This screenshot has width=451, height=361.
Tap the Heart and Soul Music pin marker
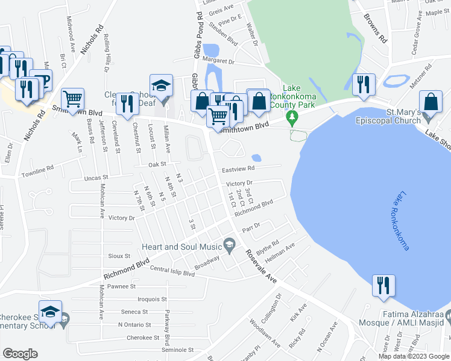[x=229, y=244]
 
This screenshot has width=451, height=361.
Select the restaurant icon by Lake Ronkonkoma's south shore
[x=383, y=286]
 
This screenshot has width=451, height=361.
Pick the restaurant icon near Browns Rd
[x=363, y=85]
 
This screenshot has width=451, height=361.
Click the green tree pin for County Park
[x=292, y=116]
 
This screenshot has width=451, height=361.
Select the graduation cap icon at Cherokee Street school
[x=51, y=312]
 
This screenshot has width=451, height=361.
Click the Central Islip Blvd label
[x=172, y=271]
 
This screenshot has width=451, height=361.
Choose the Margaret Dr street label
[x=219, y=61]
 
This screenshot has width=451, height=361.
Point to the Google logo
[x=20, y=354]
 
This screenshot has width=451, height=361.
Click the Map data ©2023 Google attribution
[x=413, y=356]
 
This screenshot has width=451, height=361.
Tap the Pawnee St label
[x=121, y=286]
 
